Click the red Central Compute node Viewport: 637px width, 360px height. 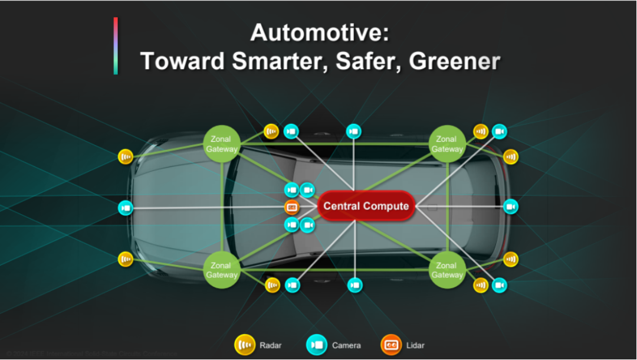(366, 206)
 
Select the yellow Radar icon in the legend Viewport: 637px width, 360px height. (245, 345)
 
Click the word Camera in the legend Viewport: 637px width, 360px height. (346, 345)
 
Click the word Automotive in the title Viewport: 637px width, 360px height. (319, 32)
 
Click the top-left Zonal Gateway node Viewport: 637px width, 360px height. (222, 144)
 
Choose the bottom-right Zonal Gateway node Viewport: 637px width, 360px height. (447, 270)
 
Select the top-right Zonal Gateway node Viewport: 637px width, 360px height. (447, 144)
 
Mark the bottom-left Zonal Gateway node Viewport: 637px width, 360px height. (222, 270)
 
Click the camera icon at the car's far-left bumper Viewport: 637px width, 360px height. (126, 208)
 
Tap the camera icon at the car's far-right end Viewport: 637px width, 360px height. (511, 207)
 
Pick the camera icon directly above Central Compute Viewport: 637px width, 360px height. (353, 131)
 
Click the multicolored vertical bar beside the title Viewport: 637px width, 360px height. (116, 46)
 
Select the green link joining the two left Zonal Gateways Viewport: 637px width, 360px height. (222, 207)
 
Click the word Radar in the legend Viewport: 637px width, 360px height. (270, 345)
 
